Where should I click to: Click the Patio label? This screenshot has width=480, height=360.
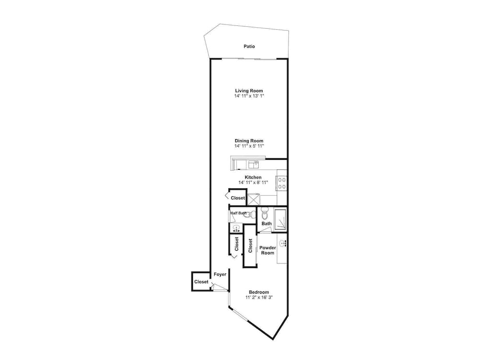tap(249, 47)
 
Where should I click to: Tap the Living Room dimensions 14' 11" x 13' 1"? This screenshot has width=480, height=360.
tap(249, 96)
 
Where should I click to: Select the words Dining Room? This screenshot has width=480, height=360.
tap(249, 141)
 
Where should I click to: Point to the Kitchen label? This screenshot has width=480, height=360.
tap(253, 177)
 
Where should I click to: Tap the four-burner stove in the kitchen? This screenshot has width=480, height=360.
tap(282, 182)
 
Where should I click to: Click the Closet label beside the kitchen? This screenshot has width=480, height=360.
tap(238, 198)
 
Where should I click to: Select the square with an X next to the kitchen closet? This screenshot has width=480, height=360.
tap(253, 199)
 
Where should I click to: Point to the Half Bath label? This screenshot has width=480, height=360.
tap(238, 213)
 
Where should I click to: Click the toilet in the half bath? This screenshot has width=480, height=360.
tap(248, 215)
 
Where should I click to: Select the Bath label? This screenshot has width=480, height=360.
tap(266, 223)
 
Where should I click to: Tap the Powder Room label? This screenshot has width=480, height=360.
tap(267, 250)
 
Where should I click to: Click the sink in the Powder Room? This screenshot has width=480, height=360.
tap(283, 243)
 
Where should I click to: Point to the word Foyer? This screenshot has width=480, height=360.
tap(220, 274)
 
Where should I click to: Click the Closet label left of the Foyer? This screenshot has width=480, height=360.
tap(202, 282)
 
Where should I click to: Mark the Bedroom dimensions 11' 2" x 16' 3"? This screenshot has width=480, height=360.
tap(259, 298)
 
